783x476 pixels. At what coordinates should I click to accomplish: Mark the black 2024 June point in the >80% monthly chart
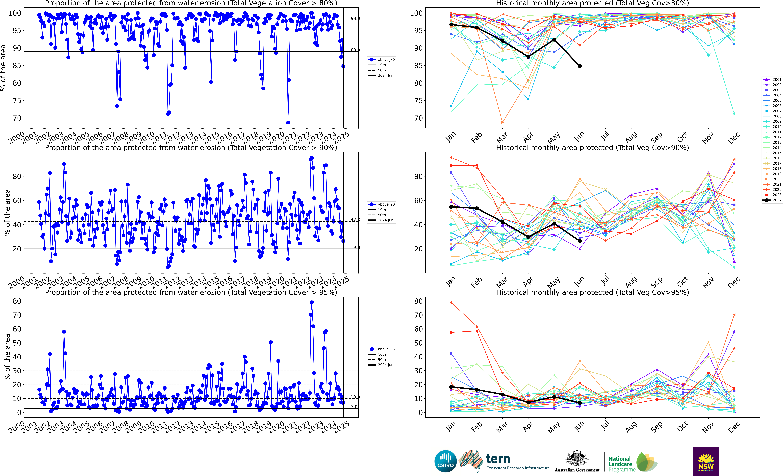click(x=580, y=66)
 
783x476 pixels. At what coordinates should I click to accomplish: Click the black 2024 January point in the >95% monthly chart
click(x=451, y=387)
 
